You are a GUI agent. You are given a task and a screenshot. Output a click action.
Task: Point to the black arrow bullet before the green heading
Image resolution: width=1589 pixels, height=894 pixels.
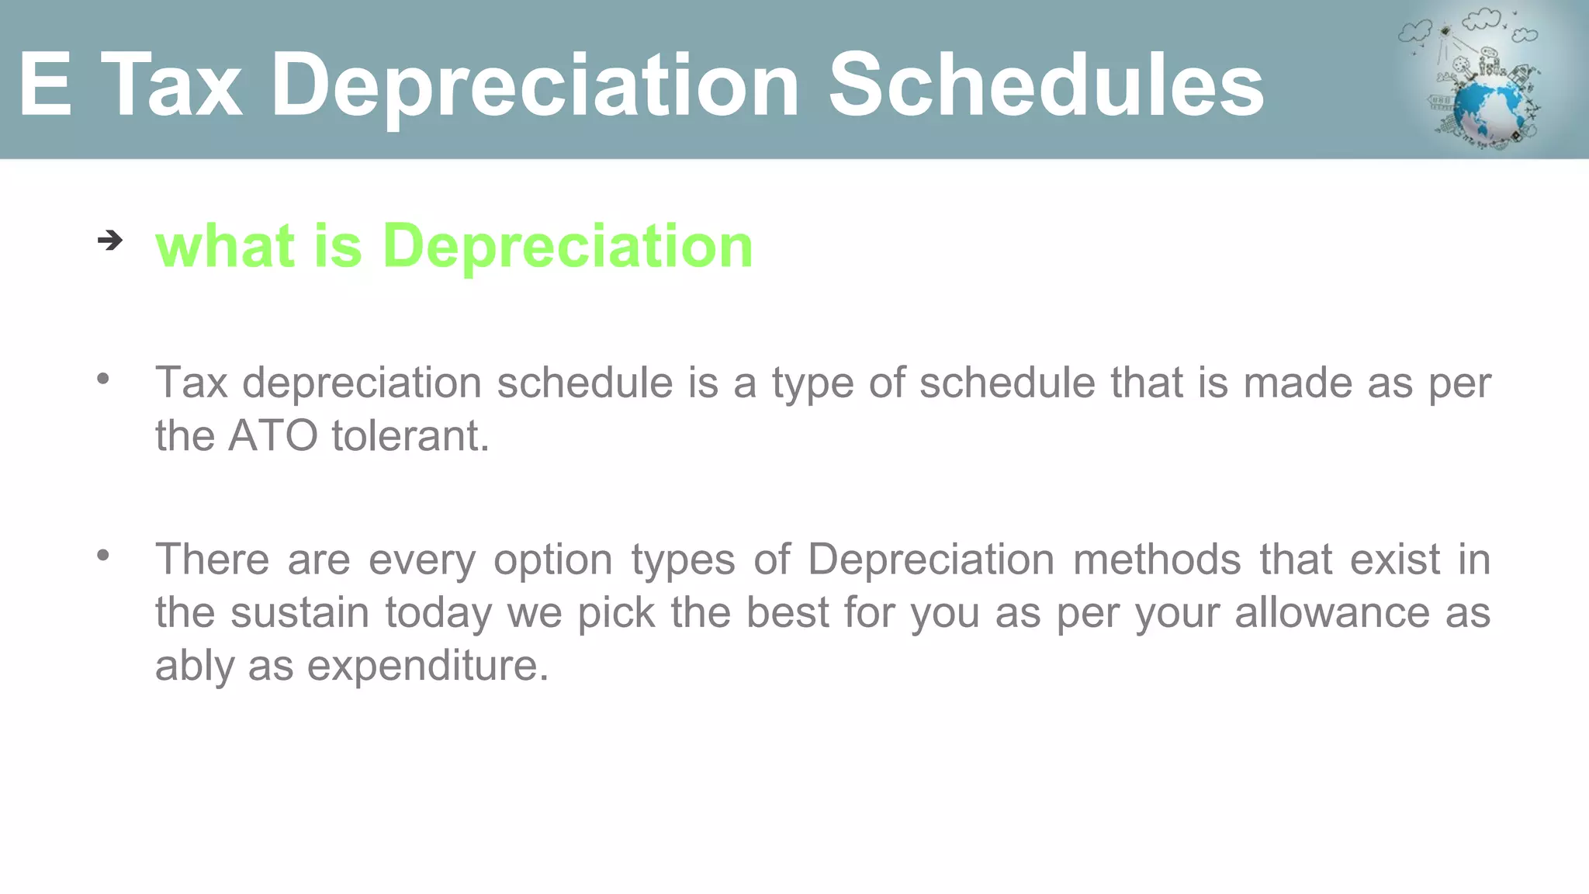pyautogui.click(x=110, y=241)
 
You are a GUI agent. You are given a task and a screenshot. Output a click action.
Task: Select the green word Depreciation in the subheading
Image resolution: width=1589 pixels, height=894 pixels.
pyautogui.click(x=567, y=246)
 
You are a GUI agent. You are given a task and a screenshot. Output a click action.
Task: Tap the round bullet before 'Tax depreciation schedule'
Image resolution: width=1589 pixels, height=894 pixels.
pyautogui.click(x=103, y=379)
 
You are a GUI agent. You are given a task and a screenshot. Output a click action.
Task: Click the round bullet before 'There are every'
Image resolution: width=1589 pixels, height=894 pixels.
pyautogui.click(x=103, y=555)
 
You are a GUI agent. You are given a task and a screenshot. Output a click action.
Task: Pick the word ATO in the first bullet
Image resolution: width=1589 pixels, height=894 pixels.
pyautogui.click(x=273, y=435)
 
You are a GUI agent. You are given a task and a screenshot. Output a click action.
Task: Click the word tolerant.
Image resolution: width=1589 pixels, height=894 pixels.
pyautogui.click(x=410, y=435)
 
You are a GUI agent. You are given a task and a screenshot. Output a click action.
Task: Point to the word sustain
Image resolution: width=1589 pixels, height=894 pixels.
pyautogui.click(x=299, y=612)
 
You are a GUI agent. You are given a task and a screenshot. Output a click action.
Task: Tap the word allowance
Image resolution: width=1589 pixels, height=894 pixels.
pyautogui.click(x=1331, y=612)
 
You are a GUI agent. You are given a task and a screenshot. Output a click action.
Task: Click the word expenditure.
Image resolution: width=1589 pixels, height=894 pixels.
pyautogui.click(x=428, y=665)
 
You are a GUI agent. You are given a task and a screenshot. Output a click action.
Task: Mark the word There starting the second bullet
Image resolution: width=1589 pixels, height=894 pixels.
pyautogui.click(x=212, y=560)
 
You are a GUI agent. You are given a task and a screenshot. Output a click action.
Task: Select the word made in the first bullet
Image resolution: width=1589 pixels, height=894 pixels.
pyautogui.click(x=1298, y=383)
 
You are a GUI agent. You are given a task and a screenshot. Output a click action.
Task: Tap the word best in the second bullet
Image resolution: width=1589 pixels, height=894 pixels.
pyautogui.click(x=788, y=612)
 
